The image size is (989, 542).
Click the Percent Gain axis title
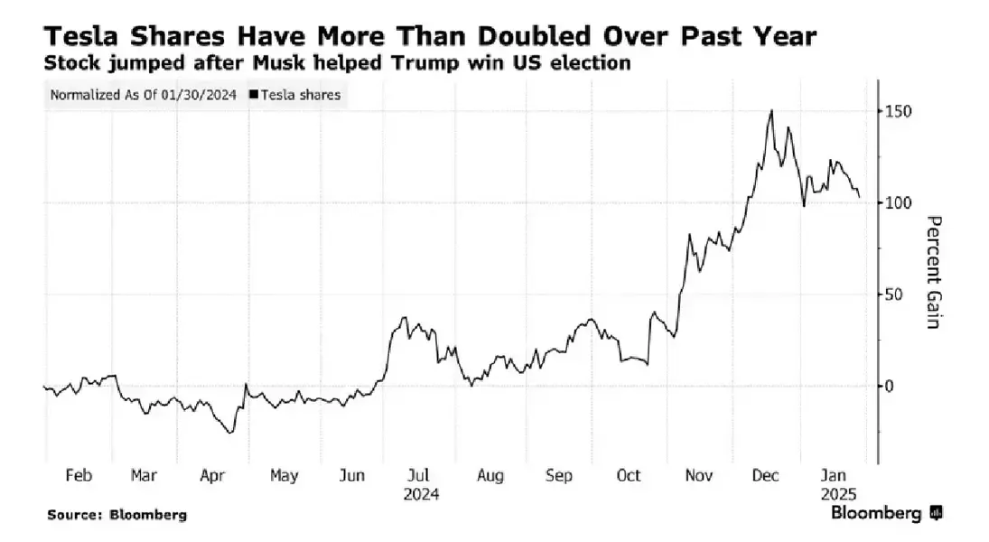pos(935,272)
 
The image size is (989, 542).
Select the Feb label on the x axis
pos(79,475)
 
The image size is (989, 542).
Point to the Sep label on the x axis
pos(559,475)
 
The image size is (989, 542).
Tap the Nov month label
pos(698,475)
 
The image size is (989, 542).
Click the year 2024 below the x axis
pos(422,494)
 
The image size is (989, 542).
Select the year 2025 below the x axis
pos(839,494)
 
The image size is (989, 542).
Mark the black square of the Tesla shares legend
pos(254,94)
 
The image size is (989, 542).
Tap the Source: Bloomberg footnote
pos(117,515)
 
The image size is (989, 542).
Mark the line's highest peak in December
pos(770,111)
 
